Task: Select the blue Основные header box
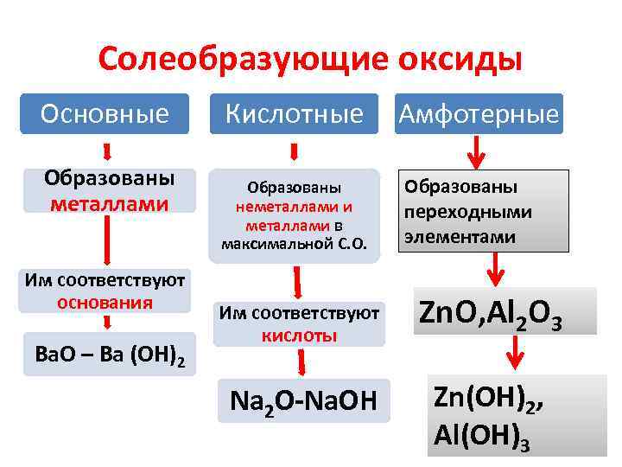tap(106, 113)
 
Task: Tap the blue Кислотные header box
tap(295, 113)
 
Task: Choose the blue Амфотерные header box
tap(478, 113)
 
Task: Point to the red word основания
tap(105, 303)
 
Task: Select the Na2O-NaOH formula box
tap(303, 401)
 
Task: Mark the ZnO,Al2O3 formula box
tap(505, 312)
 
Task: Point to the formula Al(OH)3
tap(480, 437)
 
